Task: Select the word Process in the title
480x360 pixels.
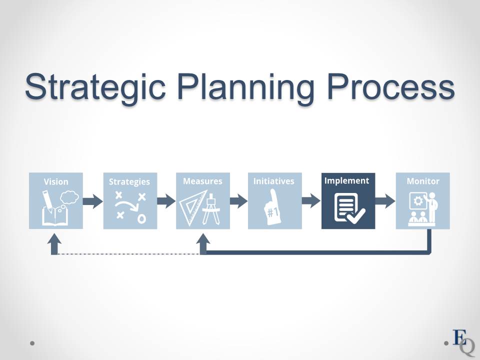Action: [391, 86]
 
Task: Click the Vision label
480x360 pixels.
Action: [56, 181]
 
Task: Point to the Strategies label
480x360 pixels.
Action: [129, 182]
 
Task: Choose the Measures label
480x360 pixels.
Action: [202, 181]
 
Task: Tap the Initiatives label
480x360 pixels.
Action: [273, 181]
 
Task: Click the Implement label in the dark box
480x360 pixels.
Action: [347, 180]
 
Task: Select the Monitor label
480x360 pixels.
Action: [423, 181]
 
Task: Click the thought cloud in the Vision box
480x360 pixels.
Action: [69, 197]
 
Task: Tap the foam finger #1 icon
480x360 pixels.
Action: [271, 207]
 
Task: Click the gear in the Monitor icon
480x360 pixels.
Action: [418, 201]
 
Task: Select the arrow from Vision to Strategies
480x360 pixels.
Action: [93, 201]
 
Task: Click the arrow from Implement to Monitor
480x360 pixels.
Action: [385, 201]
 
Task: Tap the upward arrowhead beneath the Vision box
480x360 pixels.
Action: [54, 239]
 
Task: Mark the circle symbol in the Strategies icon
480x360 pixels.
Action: [141, 218]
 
